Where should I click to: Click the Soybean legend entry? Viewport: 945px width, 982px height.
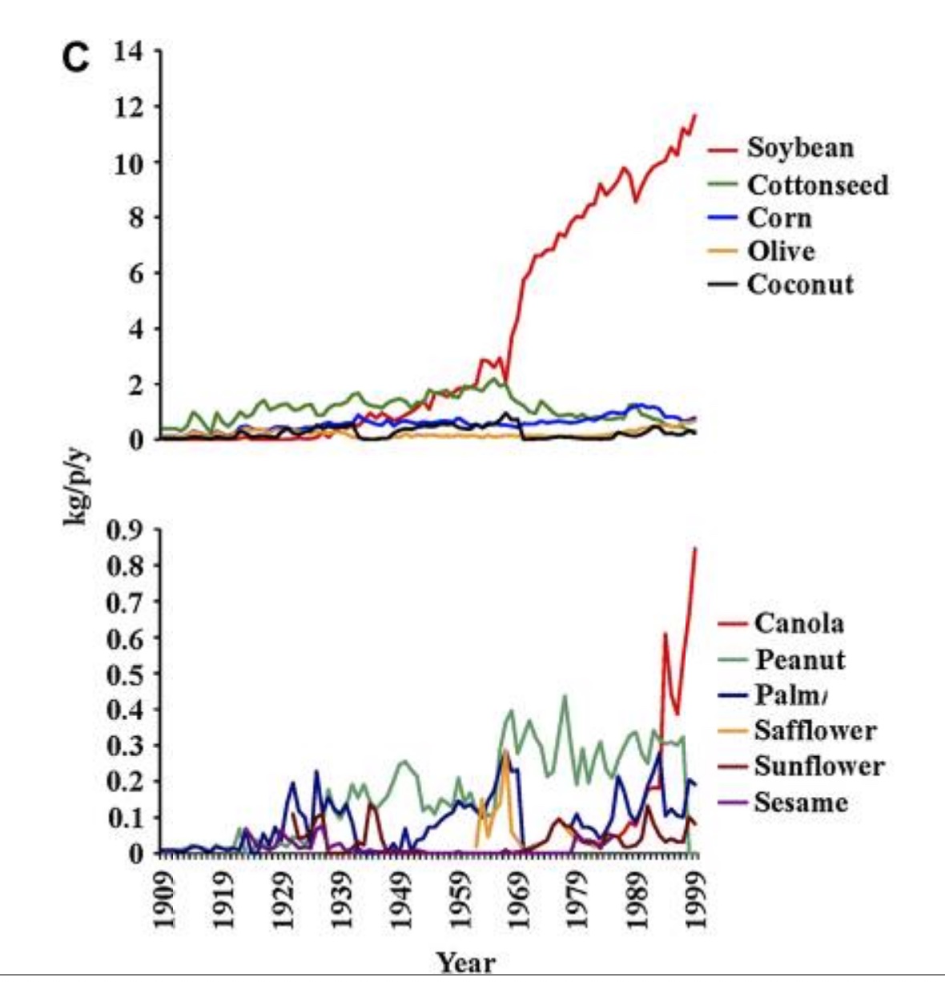click(x=800, y=148)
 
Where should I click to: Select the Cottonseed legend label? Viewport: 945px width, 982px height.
click(x=818, y=185)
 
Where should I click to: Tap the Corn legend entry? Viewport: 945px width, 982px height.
click(x=779, y=219)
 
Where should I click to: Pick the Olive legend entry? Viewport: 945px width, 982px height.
click(x=781, y=252)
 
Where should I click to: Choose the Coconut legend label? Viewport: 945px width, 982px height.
click(x=800, y=284)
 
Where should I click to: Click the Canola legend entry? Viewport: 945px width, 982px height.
click(x=798, y=623)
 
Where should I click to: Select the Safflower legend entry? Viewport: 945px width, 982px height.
click(x=814, y=730)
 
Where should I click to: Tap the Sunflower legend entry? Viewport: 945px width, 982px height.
click(x=818, y=766)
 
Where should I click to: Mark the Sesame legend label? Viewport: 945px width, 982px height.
click(x=800, y=802)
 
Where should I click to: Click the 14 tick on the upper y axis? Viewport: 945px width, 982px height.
click(x=127, y=51)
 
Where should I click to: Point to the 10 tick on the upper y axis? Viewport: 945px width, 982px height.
click(x=127, y=163)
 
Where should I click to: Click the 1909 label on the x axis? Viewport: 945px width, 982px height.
click(x=164, y=900)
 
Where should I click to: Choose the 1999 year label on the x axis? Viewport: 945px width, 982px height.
click(x=696, y=900)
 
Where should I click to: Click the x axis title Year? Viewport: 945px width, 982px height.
click(x=465, y=962)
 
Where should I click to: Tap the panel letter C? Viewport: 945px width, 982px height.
click(x=76, y=58)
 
